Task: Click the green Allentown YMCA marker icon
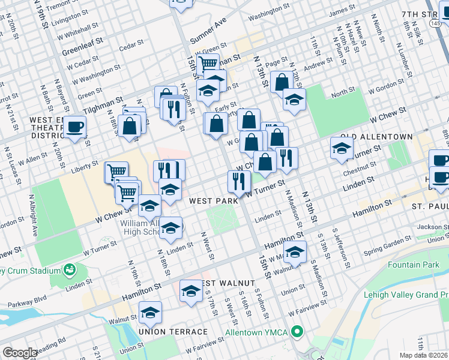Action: (x=297, y=332)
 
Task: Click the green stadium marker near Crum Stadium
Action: (x=71, y=268)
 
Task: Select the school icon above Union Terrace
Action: (x=150, y=312)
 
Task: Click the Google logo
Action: (x=20, y=353)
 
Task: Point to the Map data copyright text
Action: (x=424, y=355)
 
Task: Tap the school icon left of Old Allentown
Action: (x=341, y=148)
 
